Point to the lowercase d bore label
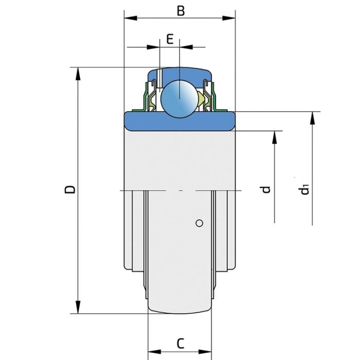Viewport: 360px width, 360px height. (265, 189)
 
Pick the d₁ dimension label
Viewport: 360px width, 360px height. (305, 190)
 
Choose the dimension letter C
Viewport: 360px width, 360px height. (180, 343)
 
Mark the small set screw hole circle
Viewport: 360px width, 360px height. (200, 223)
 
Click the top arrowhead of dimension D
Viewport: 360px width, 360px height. (78, 73)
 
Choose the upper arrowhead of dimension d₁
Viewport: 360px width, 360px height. (312, 118)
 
